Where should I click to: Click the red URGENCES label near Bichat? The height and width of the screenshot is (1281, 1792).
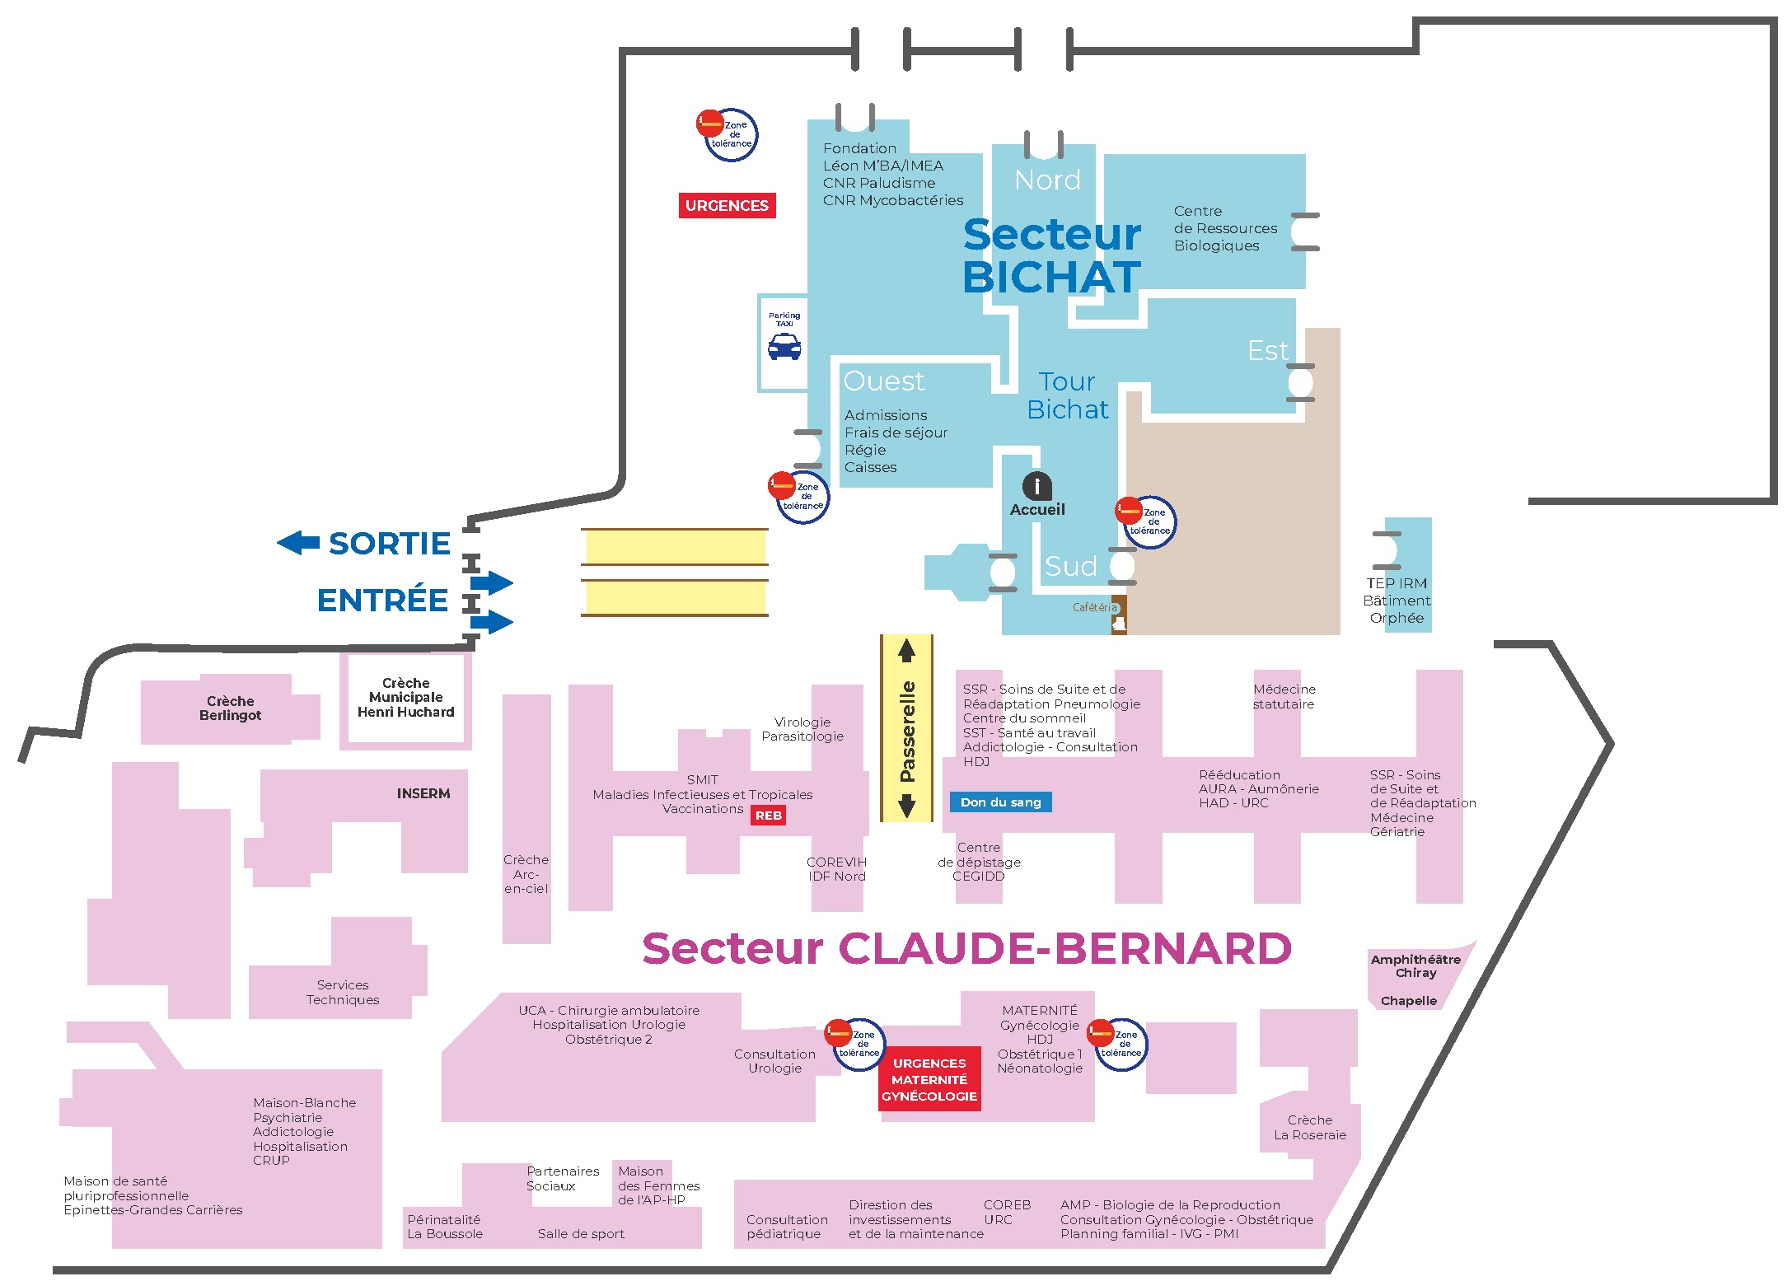coord(727,205)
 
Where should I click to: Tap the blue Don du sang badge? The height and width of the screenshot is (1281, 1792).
coord(1000,802)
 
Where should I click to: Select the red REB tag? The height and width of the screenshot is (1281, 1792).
coord(768,815)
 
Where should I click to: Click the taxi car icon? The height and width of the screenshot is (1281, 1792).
coord(784,347)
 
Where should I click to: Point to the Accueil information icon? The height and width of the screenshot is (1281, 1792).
coord(1036,486)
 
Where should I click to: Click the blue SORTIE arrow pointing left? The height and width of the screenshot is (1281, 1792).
coord(298,542)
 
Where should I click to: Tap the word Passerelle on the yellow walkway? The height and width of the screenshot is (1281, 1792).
coord(907,732)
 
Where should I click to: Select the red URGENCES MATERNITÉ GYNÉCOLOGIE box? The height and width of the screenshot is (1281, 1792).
coord(929,1079)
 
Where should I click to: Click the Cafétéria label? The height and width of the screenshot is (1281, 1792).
coord(1095,607)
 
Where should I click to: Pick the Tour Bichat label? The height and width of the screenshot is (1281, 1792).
coord(1067,395)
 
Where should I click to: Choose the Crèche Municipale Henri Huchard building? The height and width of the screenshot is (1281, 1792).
coord(405,698)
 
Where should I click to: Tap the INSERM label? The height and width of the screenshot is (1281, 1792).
coord(423,793)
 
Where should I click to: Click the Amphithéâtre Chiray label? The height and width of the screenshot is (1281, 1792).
coord(1415,965)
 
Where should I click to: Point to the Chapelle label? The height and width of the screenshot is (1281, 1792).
coord(1409,1001)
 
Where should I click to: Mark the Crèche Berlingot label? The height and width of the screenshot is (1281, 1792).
coord(230,708)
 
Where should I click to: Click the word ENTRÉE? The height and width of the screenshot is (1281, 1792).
coord(382,600)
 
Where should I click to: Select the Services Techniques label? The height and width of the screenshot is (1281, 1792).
coord(343,992)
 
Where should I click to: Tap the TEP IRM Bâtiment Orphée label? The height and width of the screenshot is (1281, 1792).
coord(1397,601)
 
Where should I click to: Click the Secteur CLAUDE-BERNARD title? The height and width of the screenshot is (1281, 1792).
coord(966,948)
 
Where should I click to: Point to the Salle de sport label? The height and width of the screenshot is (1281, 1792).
coord(581,1233)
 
